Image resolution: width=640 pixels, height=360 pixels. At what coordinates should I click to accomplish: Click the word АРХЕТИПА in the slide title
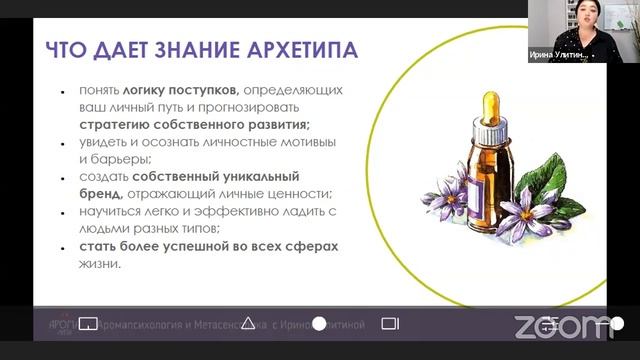pos(307,50)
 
